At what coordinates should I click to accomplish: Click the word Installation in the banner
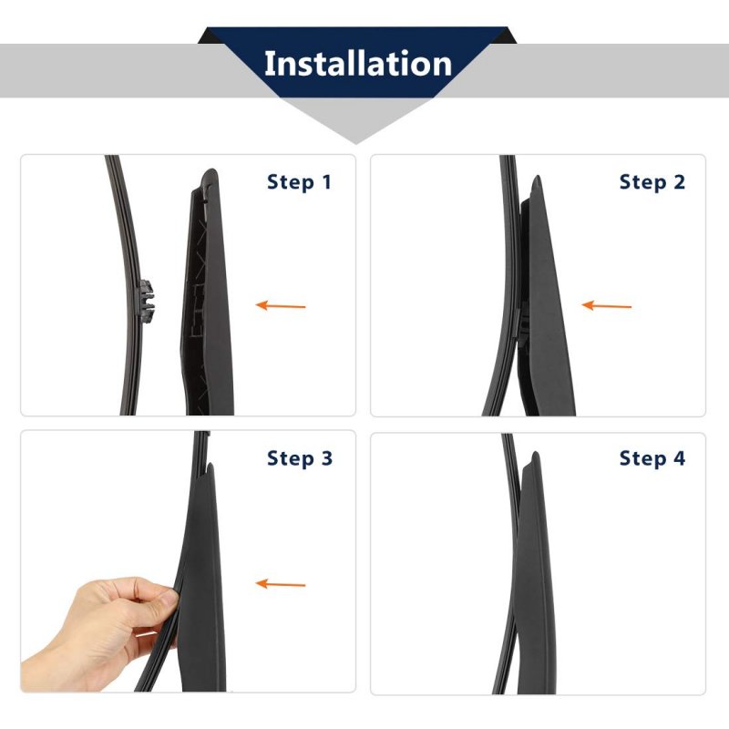[x=358, y=64]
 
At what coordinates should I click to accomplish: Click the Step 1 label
[x=299, y=181]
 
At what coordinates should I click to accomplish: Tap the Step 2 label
[x=652, y=181]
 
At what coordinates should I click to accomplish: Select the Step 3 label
[x=300, y=458]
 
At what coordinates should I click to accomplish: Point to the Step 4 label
[x=652, y=458]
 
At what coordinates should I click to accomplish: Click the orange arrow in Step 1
[x=281, y=305]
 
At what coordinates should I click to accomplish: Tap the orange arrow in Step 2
[x=606, y=305]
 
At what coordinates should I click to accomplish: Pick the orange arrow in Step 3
[x=281, y=583]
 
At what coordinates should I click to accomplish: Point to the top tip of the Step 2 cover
[x=538, y=177]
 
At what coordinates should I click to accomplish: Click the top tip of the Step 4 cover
[x=536, y=453]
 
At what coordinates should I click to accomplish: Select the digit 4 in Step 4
[x=679, y=458]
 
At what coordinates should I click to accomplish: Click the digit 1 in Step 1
[x=327, y=181]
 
